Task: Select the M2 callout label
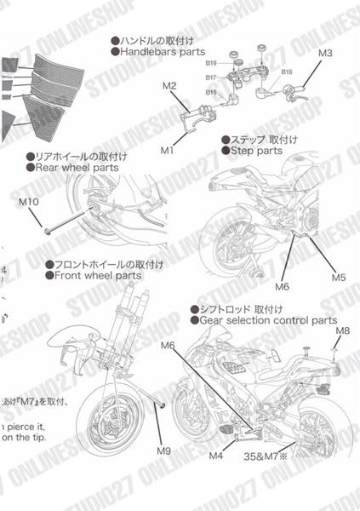tap(169, 86)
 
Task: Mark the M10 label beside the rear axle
tap(29, 202)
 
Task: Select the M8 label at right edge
tap(342, 330)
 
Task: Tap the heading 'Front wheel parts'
tap(94, 276)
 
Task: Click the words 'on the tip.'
tap(28, 438)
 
